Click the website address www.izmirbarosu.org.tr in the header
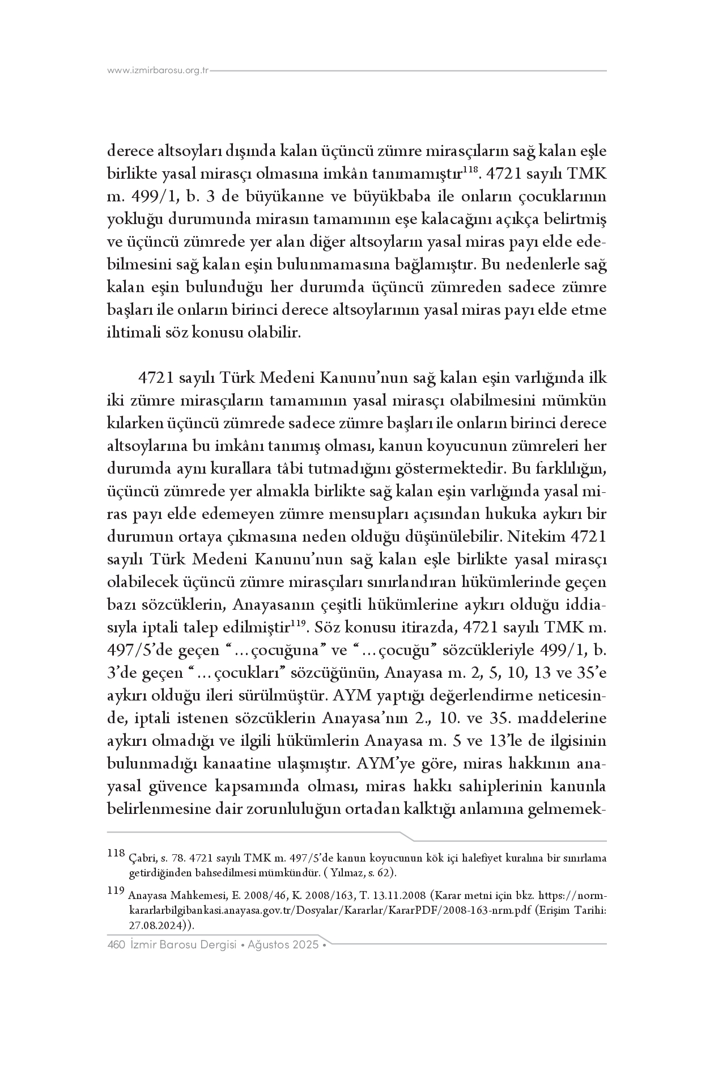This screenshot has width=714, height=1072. pyautogui.click(x=158, y=71)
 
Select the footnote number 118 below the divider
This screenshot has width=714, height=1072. pyautogui.click(x=115, y=852)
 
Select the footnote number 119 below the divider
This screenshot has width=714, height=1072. pyautogui.click(x=115, y=891)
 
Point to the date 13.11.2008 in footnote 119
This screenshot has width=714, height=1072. pyautogui.click(x=400, y=896)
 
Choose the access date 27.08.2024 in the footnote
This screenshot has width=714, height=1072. pyautogui.click(x=152, y=925)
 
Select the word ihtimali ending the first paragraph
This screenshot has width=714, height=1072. pyautogui.click(x=133, y=332)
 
